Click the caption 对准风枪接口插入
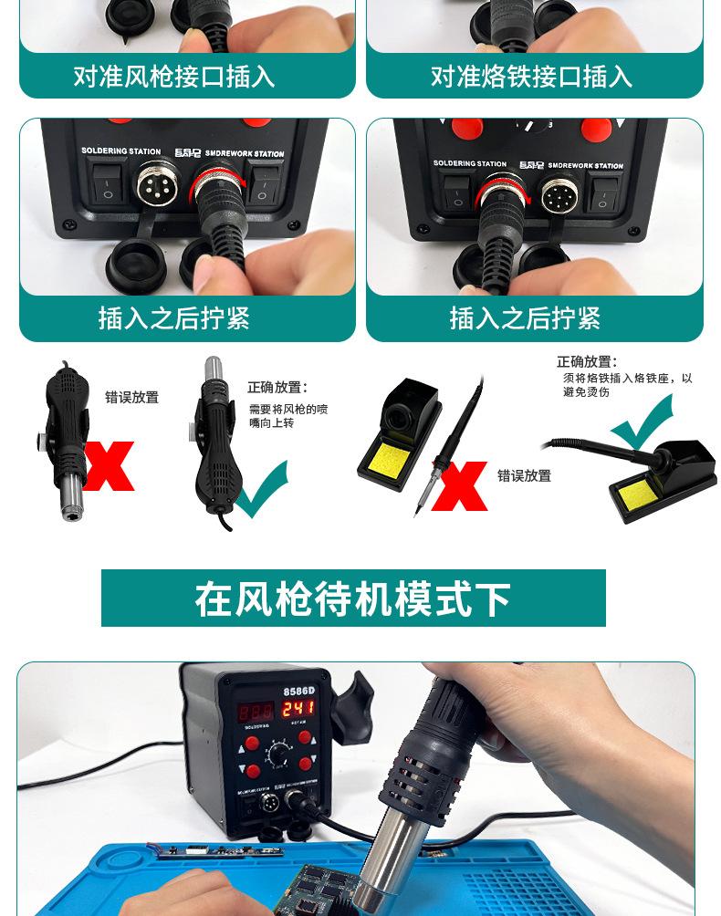coord(173,76)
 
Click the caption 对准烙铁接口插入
coord(531,76)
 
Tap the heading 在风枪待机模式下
coord(352,599)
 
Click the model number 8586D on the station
coord(298,690)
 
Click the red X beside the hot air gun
coord(109,465)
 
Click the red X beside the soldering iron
coord(459,485)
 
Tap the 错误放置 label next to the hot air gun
coord(131,398)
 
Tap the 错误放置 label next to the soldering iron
coord(524,476)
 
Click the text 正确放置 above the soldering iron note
coord(587,362)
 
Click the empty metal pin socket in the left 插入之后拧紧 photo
coord(156,185)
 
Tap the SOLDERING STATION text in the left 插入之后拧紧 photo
coord(120,151)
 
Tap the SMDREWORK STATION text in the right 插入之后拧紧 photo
coord(585,166)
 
